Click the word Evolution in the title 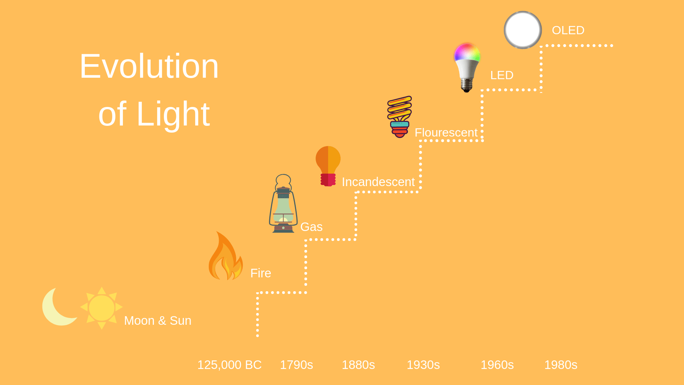coord(149,66)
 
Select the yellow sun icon coord(102,308)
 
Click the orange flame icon coord(226,256)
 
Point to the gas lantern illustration coord(283,204)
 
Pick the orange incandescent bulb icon coord(328,166)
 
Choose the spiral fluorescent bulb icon coord(400,117)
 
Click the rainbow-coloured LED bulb coord(467,67)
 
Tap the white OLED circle coord(523,30)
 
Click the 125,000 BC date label coord(229,365)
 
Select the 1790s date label coord(296,365)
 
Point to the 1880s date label coord(358,365)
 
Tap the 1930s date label coord(423,365)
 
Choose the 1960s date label coord(497,365)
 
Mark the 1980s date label coord(561,365)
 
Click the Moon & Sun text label coord(158,321)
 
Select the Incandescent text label coord(378,182)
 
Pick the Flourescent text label coord(446,133)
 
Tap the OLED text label coord(568,30)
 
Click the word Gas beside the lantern coord(311,227)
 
